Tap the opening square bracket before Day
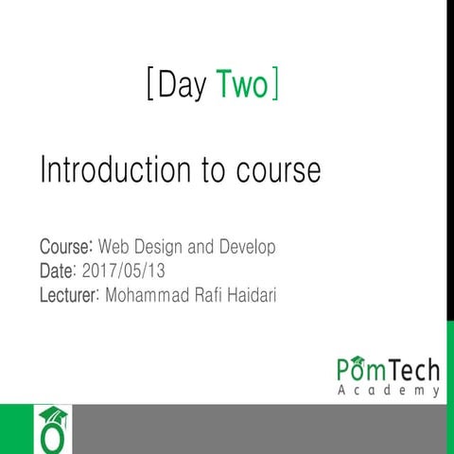[150, 86]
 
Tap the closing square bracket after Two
[274, 86]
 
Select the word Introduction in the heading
[112, 170]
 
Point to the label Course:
[66, 248]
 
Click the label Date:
[59, 271]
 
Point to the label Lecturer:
[71, 295]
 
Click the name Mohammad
[148, 295]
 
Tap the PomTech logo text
[388, 370]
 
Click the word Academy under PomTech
[388, 391]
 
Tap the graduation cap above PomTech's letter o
[358, 357]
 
